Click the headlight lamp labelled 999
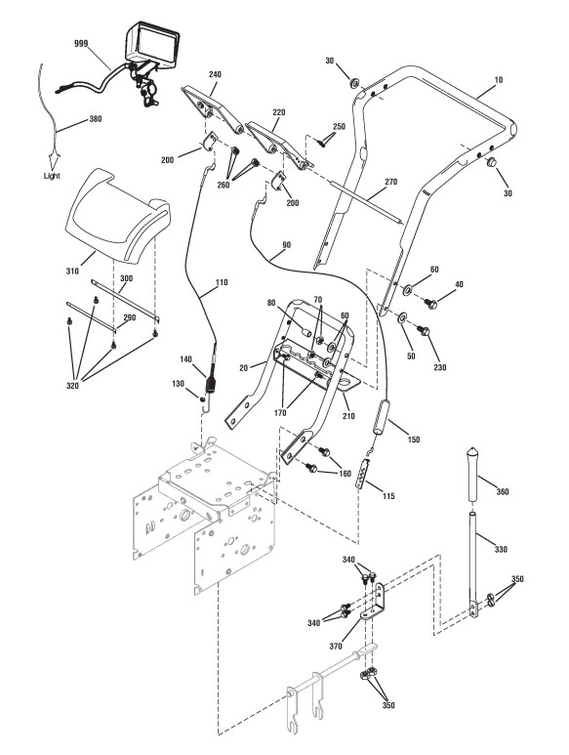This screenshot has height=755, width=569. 152,44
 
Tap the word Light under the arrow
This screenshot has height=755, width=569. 52,176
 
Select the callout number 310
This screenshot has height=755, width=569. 72,272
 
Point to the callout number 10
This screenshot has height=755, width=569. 499,80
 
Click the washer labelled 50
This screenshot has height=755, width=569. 402,317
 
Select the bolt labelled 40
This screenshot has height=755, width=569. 430,304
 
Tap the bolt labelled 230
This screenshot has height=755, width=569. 424,331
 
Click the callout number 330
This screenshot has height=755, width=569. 501,549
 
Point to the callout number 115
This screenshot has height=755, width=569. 388,496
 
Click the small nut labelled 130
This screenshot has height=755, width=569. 203,398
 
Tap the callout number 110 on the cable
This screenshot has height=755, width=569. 222,282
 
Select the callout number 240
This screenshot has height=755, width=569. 215,74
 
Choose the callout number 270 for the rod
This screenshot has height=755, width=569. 391,182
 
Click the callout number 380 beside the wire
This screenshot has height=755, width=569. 96,119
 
